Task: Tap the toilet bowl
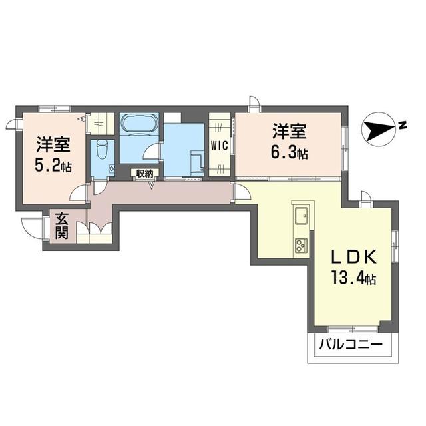[101, 150]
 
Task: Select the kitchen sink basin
[300, 214]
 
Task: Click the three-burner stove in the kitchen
[300, 245]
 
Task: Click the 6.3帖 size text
[288, 152]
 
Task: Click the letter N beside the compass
[403, 123]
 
